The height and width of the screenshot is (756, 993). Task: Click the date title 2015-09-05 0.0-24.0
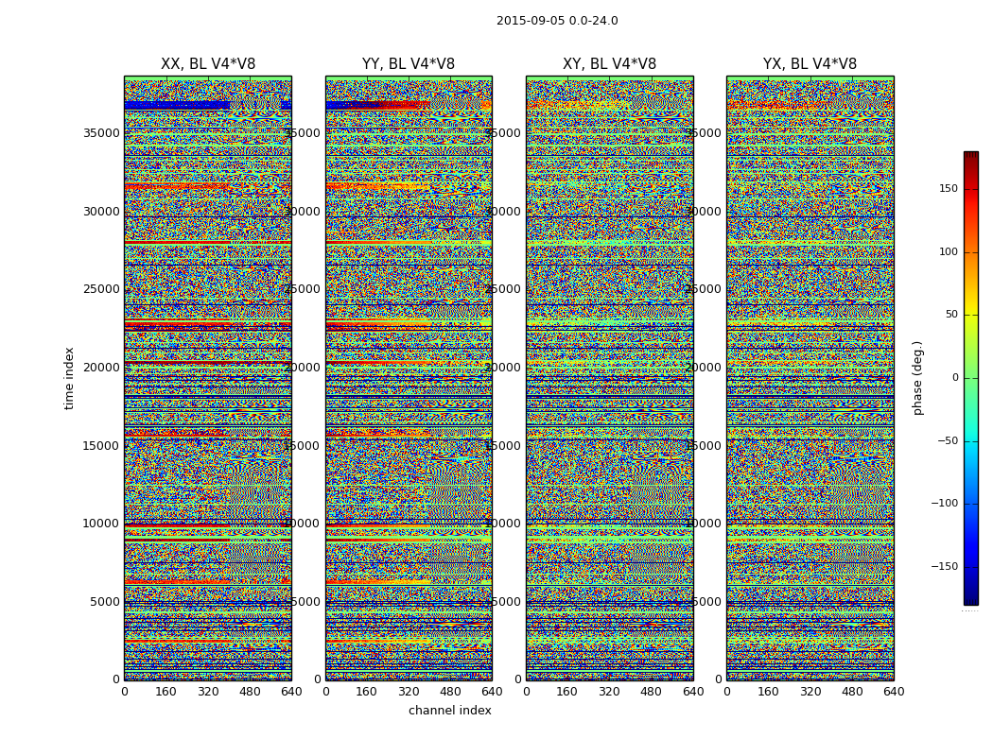click(x=557, y=21)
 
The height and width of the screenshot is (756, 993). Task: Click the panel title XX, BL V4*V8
click(x=208, y=64)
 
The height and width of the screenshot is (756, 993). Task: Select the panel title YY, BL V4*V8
click(x=409, y=64)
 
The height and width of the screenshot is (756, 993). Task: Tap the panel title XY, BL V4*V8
click(x=609, y=64)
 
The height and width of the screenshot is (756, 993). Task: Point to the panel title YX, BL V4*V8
click(x=810, y=64)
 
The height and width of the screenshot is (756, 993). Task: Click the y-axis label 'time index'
click(x=69, y=378)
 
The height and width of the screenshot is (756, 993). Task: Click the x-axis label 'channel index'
click(x=450, y=711)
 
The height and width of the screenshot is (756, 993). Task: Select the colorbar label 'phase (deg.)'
click(x=917, y=378)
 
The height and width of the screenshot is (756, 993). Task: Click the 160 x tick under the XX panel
click(x=165, y=692)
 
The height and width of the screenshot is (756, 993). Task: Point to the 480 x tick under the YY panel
click(x=450, y=692)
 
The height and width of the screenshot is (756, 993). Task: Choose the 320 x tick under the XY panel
click(x=609, y=692)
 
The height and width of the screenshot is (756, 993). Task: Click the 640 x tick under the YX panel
click(x=894, y=692)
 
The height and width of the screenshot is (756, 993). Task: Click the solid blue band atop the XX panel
click(x=176, y=105)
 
